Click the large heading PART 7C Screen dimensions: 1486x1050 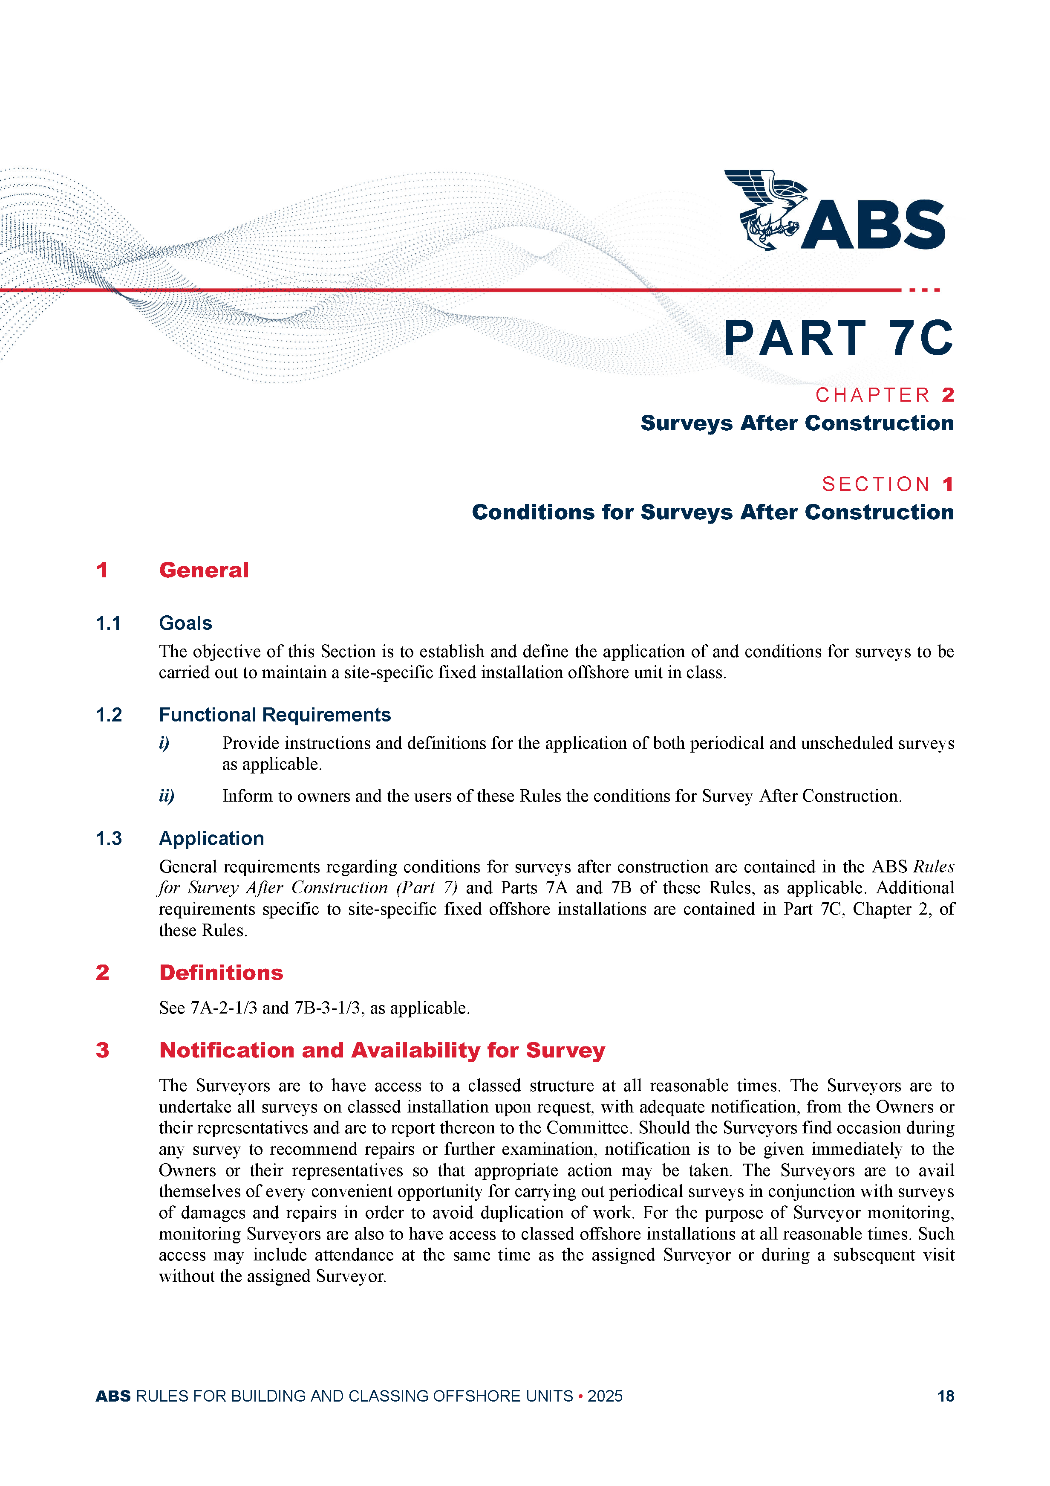click(838, 339)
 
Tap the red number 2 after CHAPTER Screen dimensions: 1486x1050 click(948, 395)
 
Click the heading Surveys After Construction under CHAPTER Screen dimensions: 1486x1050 click(796, 423)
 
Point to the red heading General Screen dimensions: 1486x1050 click(204, 570)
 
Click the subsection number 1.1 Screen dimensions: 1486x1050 click(109, 623)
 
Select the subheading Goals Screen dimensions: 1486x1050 click(186, 623)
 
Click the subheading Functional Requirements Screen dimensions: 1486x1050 click(275, 715)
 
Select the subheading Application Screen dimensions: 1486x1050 click(211, 839)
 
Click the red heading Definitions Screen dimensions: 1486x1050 click(221, 973)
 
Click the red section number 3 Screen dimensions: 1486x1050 click(102, 1050)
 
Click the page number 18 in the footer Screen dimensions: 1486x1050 click(945, 1396)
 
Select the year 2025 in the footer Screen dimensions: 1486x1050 click(605, 1396)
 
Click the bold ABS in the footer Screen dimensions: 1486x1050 click(113, 1396)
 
